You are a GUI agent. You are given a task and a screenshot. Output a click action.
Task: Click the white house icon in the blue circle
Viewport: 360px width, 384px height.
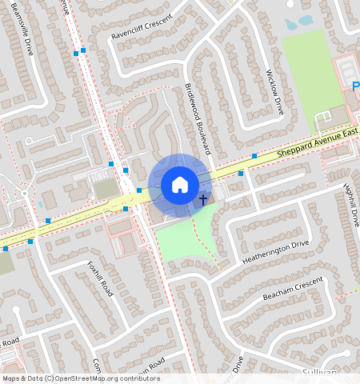click(x=180, y=185)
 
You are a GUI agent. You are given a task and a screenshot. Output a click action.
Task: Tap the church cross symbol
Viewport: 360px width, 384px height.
click(x=203, y=198)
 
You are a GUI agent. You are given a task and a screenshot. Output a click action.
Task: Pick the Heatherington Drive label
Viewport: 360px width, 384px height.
click(x=275, y=252)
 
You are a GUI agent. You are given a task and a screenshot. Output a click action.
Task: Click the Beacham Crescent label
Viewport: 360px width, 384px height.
click(x=293, y=290)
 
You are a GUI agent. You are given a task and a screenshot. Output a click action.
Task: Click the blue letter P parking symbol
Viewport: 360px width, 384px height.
click(x=355, y=86)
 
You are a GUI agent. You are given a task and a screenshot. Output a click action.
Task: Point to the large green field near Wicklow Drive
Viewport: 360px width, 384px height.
click(x=307, y=80)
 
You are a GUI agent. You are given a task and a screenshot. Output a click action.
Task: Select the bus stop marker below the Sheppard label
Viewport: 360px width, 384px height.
click(x=254, y=156)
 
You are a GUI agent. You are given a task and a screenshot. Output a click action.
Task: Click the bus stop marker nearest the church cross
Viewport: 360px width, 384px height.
click(x=241, y=173)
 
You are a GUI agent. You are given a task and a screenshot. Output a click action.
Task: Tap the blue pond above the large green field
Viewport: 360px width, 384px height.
click(x=305, y=21)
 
